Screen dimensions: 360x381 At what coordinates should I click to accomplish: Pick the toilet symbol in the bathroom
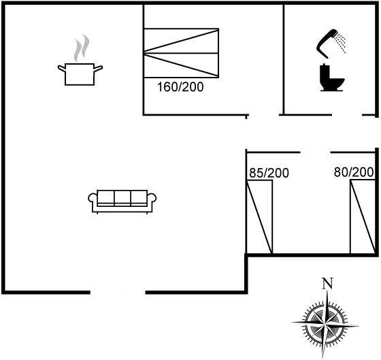click(330, 76)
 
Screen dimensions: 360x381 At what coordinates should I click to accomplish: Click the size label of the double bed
click(180, 87)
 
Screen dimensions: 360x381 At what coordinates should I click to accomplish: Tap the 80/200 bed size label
click(354, 173)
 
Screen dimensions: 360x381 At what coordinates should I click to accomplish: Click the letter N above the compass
click(327, 284)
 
